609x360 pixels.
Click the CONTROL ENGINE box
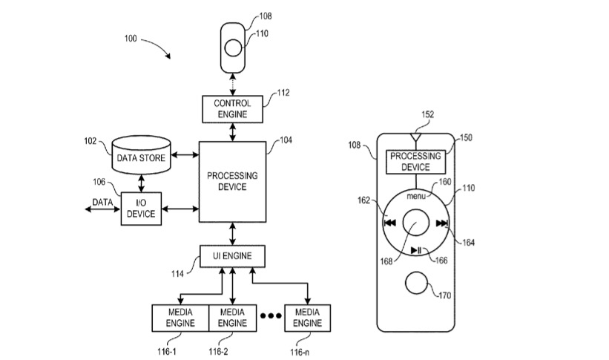[x=232, y=109]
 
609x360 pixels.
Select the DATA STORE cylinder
[x=141, y=157]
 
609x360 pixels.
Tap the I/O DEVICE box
[x=141, y=208]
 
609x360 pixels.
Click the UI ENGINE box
[x=232, y=256]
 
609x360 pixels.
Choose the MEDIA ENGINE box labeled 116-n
[x=307, y=317]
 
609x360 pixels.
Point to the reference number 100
[x=131, y=38]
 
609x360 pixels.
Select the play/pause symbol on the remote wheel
[x=416, y=249]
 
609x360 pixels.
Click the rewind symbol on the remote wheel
[x=389, y=222]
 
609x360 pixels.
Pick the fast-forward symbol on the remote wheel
[x=442, y=223]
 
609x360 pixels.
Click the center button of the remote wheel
[x=415, y=222]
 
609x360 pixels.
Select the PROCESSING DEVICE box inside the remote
[x=415, y=161]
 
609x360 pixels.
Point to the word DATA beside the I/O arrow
[x=102, y=202]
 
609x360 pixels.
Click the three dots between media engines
[x=271, y=315]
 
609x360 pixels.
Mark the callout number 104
[x=287, y=139]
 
